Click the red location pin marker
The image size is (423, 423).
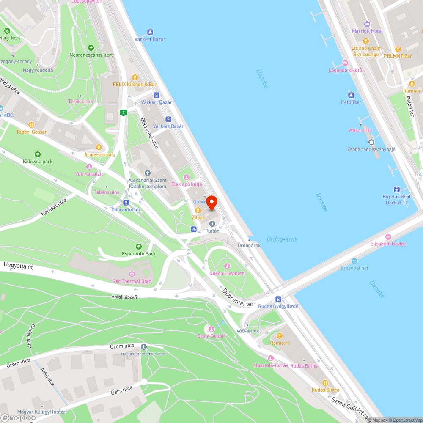pos(211,203)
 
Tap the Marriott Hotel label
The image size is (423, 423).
pos(367,31)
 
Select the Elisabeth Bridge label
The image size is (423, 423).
pos(388,244)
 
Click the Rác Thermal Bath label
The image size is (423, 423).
pos(132,281)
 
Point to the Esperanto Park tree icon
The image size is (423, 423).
pos(138,247)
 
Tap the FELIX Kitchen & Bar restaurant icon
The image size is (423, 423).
pos(135,77)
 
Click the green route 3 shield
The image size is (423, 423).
pos(123,112)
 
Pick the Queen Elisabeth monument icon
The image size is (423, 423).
pos(227,266)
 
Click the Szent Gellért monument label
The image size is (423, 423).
pos(211,336)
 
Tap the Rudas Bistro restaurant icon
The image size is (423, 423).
pos(325,382)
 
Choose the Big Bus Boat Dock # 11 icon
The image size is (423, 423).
pos(396,190)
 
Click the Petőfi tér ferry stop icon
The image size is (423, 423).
pos(351,95)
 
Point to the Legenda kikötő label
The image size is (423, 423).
pos(345,70)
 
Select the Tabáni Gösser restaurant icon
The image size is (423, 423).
pos(31,125)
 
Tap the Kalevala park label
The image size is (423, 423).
pos(38,162)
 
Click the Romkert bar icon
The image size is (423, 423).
pos(279,336)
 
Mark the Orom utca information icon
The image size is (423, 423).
pos(143,347)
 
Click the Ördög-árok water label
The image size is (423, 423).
pos(282,239)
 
